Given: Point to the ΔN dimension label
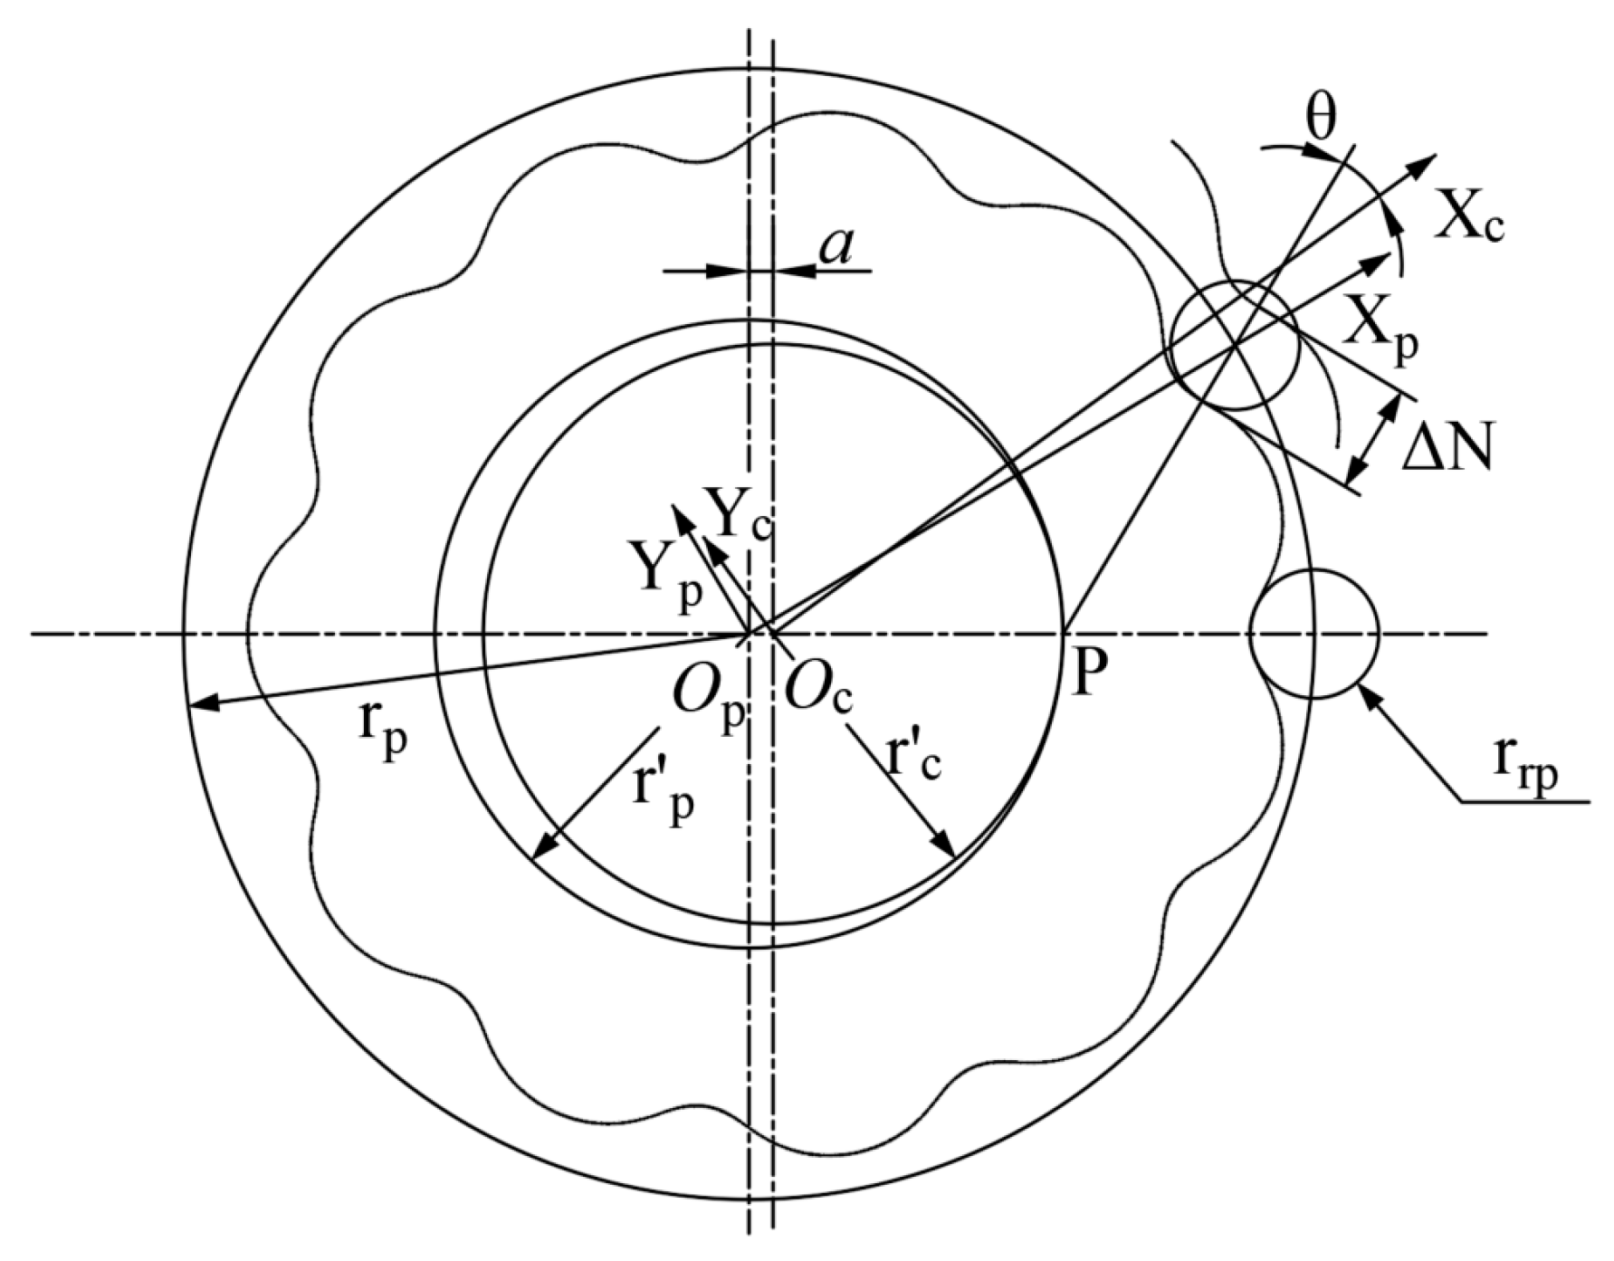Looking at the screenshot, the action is pos(1447,446).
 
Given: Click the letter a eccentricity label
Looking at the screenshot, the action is pos(835,246).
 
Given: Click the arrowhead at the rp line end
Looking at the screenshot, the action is pos(197,703).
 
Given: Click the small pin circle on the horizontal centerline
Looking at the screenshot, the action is pos(1313,633).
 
